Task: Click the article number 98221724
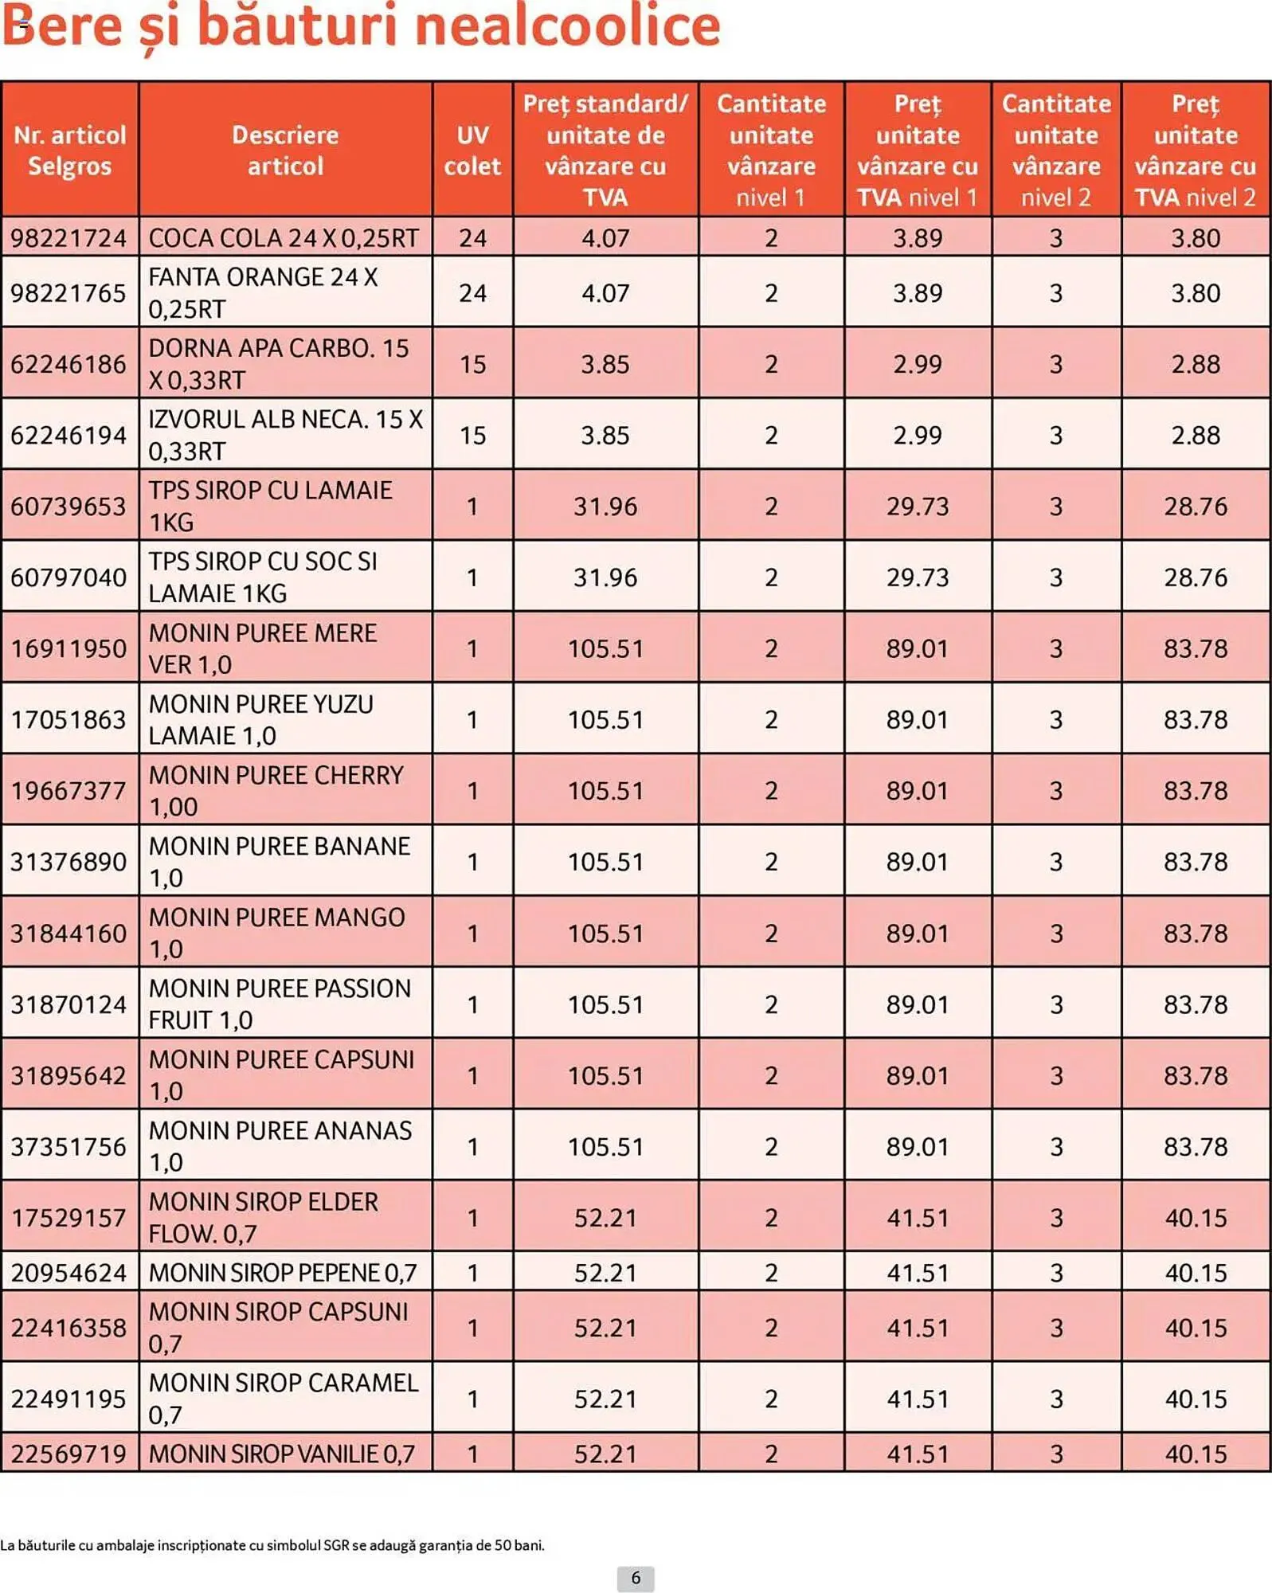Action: point(68,237)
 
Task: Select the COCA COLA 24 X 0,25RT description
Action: point(284,237)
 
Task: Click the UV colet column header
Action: point(472,150)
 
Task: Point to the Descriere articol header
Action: point(285,150)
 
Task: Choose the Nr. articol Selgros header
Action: point(69,150)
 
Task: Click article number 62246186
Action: point(68,364)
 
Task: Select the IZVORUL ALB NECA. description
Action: point(285,435)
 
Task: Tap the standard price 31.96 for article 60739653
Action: point(605,506)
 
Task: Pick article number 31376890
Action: point(68,861)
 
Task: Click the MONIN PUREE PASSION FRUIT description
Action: point(280,1004)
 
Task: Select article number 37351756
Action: point(68,1146)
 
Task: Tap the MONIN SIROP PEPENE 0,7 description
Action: point(283,1272)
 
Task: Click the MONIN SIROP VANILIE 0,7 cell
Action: point(282,1454)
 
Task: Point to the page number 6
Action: point(636,1578)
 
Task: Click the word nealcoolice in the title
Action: point(567,25)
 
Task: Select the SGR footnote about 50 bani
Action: point(272,1545)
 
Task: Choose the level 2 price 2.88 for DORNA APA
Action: point(1195,364)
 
